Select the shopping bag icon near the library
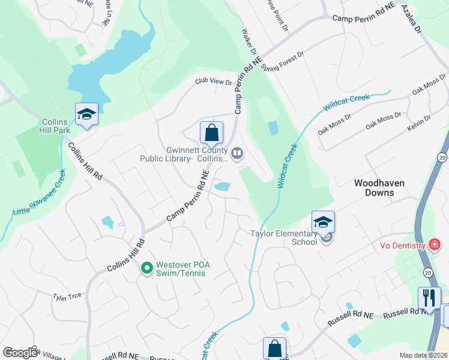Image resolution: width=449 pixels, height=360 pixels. [211, 133]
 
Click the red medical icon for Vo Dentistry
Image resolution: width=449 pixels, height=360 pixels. [434, 245]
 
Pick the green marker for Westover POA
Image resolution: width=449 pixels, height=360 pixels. [146, 268]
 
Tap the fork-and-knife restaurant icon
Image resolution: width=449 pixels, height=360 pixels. [429, 298]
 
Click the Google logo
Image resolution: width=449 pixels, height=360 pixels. [20, 353]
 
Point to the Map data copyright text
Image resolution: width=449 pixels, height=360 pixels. [423, 355]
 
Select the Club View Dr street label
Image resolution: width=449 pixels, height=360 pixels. [212, 82]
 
